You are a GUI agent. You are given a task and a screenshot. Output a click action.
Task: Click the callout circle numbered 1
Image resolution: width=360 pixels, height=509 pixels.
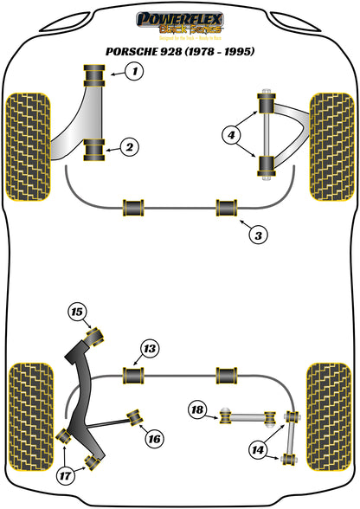(133, 72)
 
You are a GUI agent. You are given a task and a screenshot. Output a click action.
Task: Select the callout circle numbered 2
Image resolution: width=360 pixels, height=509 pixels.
(129, 147)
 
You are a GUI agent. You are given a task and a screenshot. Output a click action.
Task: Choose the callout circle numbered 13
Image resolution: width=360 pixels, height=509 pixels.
(150, 349)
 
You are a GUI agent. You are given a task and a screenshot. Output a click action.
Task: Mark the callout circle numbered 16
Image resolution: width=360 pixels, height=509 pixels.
(153, 439)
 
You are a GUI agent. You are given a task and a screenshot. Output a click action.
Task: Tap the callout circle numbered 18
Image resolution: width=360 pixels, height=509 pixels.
(196, 409)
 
